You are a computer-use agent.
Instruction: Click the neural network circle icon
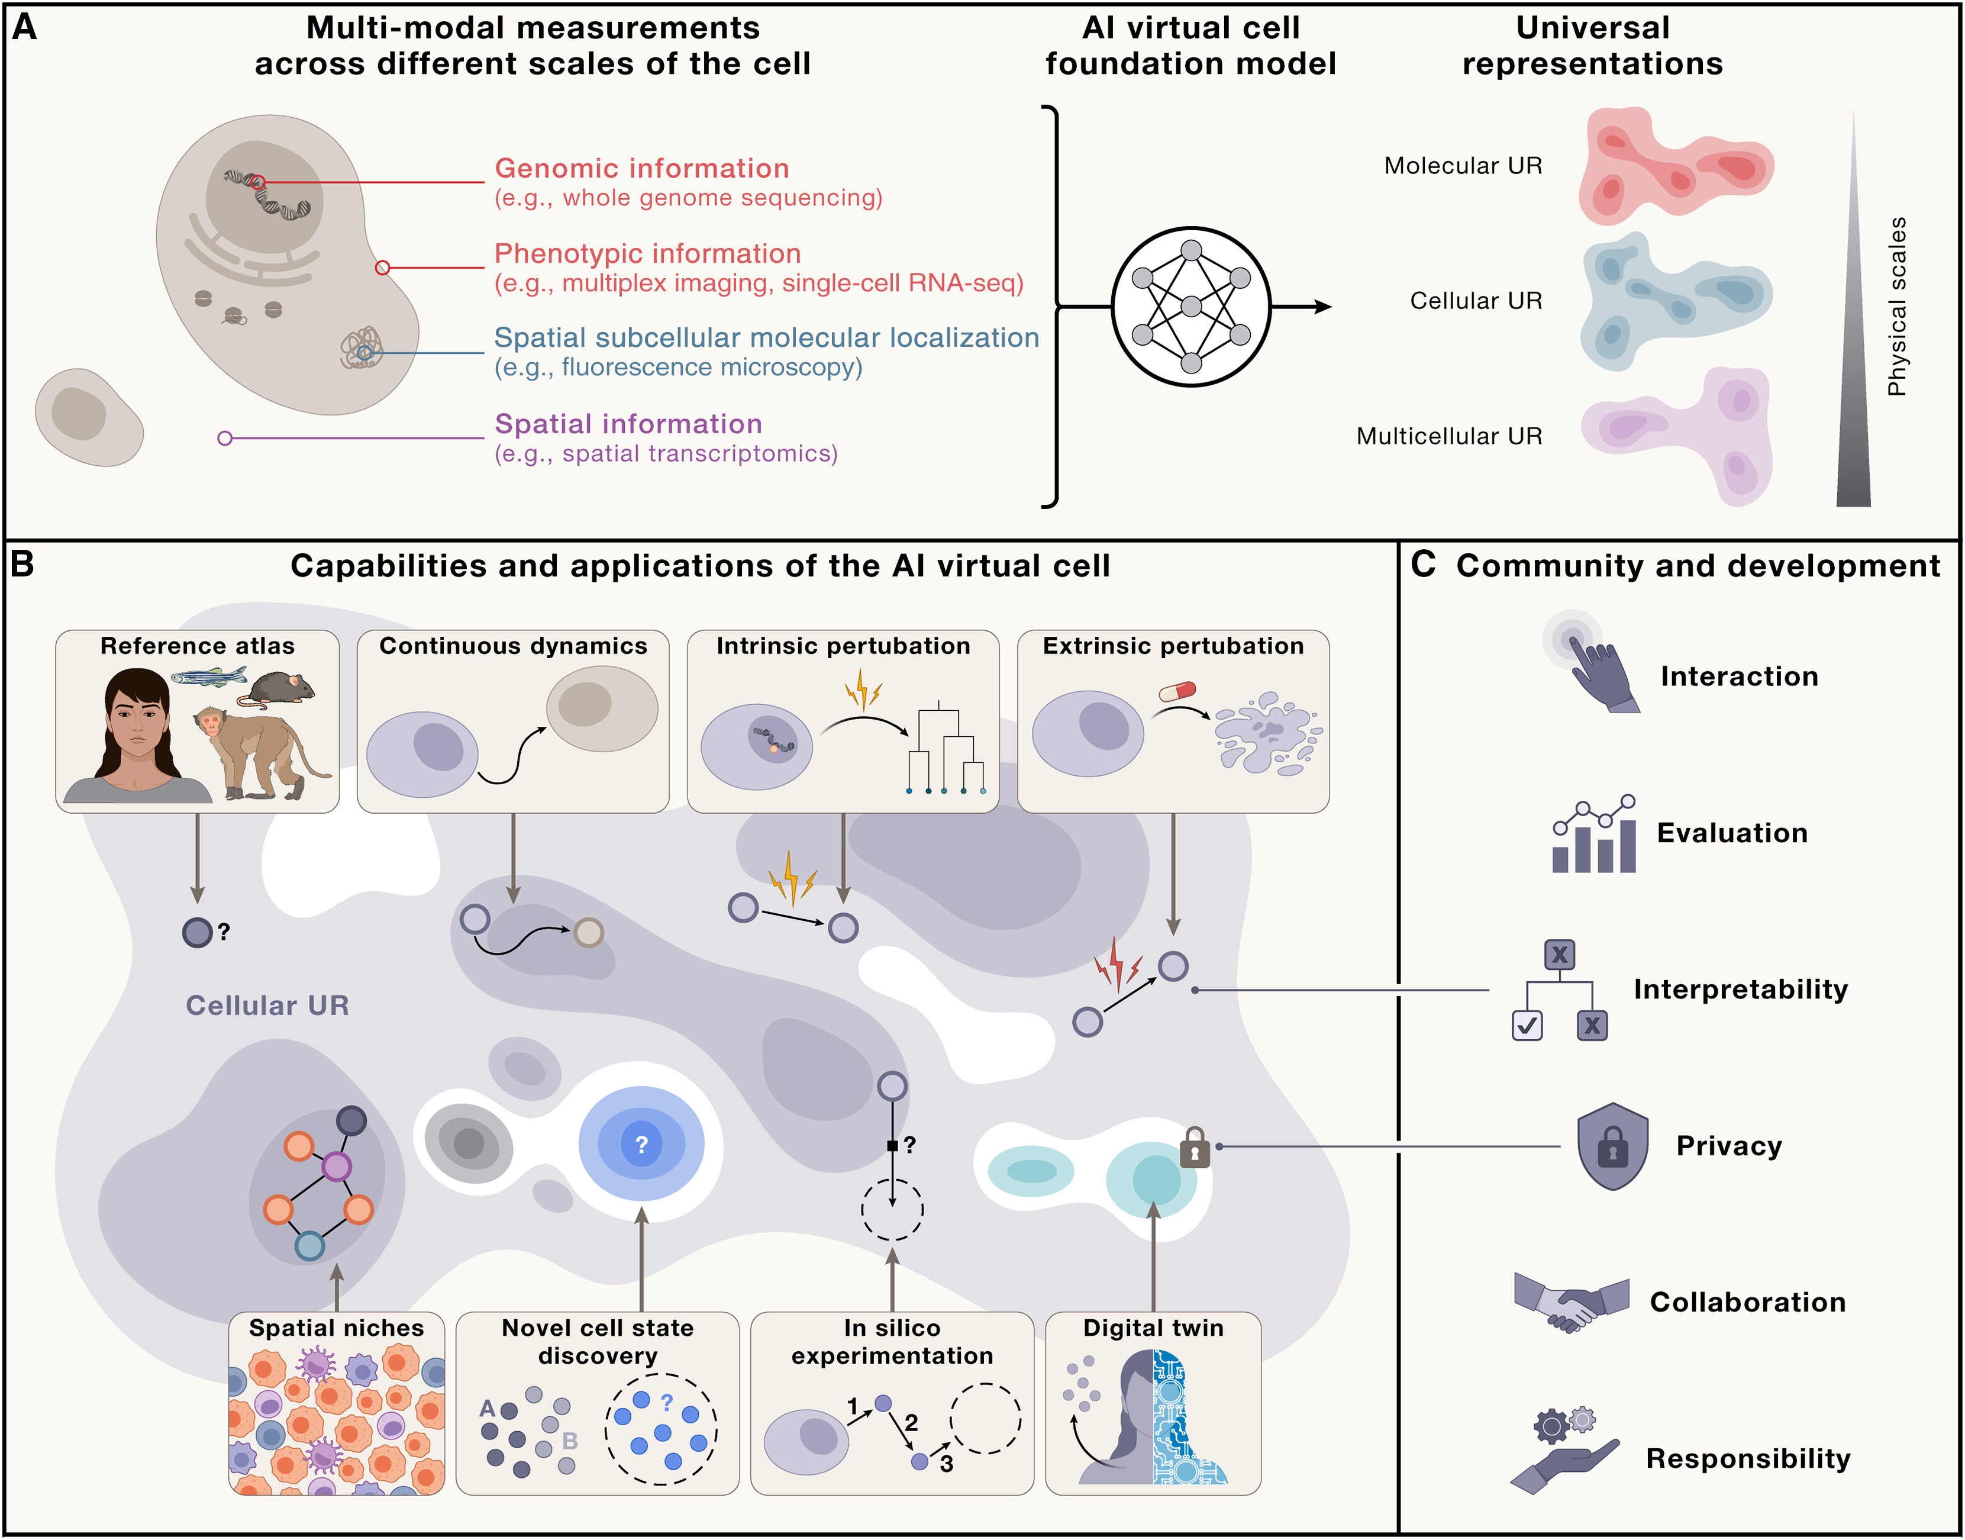click(1190, 307)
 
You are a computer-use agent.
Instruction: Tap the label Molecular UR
click(1462, 166)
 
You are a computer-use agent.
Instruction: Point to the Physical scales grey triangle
click(1853, 360)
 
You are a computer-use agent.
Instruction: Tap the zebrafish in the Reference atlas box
click(209, 675)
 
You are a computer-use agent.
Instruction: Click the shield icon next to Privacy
click(1612, 1146)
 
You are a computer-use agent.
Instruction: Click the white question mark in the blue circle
click(641, 1144)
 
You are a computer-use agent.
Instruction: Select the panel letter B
click(22, 565)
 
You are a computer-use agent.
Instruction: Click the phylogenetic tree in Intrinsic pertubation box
click(945, 748)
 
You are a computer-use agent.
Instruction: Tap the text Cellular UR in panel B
click(267, 1006)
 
